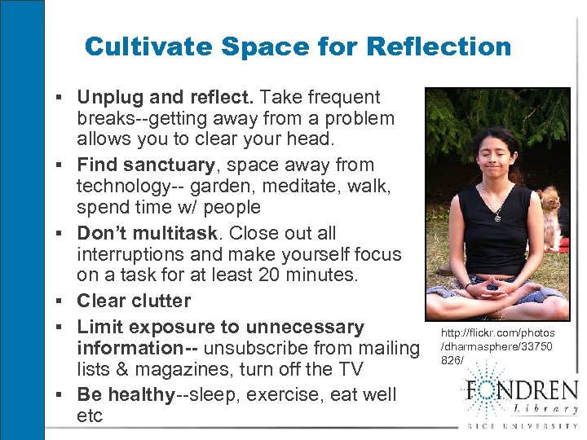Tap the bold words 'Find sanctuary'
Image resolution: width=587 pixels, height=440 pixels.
tap(145, 165)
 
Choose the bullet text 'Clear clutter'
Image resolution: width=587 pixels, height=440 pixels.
tap(134, 301)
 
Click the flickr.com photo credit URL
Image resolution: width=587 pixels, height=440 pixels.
tap(497, 345)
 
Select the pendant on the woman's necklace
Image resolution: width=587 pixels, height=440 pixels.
tap(497, 218)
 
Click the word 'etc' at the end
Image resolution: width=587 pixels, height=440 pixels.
tap(90, 416)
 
